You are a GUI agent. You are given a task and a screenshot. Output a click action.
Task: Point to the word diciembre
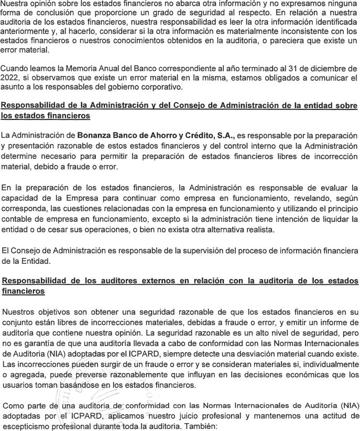tap(317, 69)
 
